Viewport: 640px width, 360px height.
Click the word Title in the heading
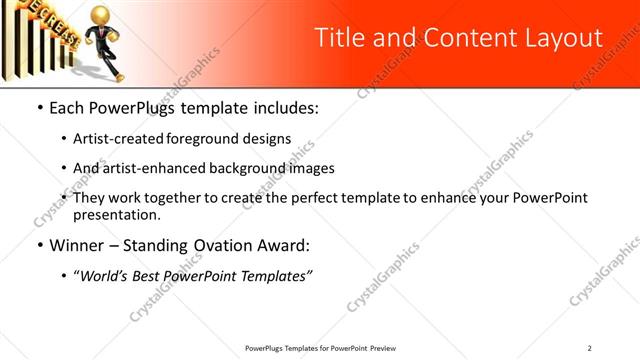(x=339, y=38)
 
